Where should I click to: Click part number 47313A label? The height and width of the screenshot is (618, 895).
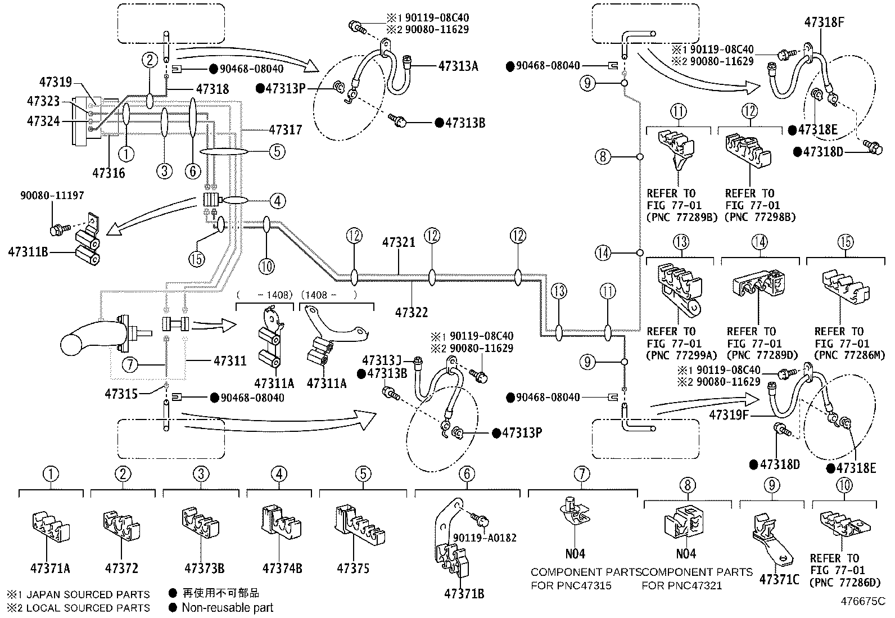458,66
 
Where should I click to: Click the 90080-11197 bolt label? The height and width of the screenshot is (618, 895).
52,196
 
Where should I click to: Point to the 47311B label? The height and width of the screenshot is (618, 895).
28,252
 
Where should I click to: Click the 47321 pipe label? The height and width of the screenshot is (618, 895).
399,242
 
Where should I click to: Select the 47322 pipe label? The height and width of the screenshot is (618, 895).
412,312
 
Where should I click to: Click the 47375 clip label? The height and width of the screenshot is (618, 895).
353,568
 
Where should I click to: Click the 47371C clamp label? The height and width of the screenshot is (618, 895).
779,579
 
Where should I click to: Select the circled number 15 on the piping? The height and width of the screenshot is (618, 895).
197,259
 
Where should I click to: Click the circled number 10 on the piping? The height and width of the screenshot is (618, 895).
267,265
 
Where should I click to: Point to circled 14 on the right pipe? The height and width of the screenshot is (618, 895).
603,253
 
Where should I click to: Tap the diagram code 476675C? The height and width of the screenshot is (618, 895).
863,601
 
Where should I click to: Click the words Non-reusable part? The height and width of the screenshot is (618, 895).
227,607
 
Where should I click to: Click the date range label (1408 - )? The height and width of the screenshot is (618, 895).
329,294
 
